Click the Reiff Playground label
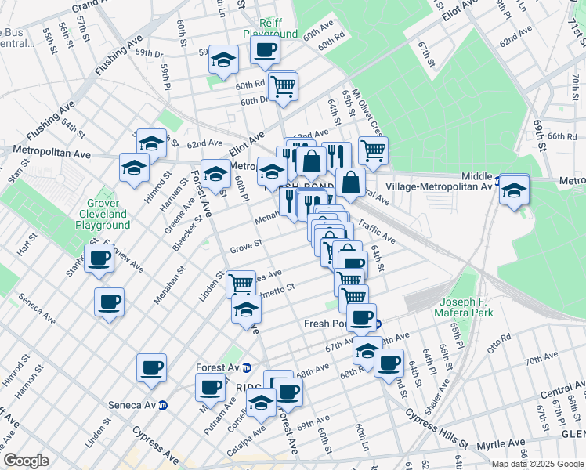(x=270, y=27)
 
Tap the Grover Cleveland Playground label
(x=103, y=214)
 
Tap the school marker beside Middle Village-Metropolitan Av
(x=513, y=190)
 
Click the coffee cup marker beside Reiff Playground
(x=264, y=51)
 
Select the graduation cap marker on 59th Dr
(x=223, y=60)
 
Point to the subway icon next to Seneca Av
(x=163, y=405)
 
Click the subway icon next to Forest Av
(x=246, y=366)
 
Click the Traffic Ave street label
(x=377, y=229)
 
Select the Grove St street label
(x=245, y=248)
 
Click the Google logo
(x=25, y=461)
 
